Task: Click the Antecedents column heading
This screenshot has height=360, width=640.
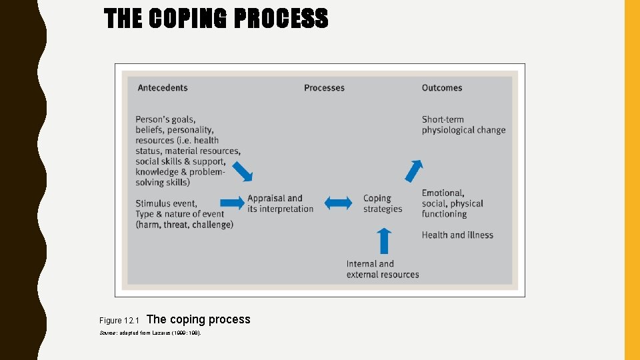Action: pos(163,88)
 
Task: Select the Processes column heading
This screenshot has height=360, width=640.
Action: pos(324,88)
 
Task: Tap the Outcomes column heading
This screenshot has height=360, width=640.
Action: pos(441,88)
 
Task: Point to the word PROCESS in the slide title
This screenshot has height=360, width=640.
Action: pos(280,19)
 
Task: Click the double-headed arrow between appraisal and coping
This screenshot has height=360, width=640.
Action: pos(338,203)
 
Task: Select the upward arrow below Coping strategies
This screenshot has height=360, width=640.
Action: pos(384,240)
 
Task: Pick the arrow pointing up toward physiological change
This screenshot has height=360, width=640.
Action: pos(414,171)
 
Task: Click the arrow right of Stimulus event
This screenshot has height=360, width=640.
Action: pos(232,203)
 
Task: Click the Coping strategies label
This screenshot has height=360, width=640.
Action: pos(383,203)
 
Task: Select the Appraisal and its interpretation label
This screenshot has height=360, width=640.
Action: pos(280,203)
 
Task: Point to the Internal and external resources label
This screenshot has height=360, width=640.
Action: pos(383,269)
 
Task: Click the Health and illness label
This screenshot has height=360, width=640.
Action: pos(457,235)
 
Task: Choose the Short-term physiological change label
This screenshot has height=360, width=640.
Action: pos(463,125)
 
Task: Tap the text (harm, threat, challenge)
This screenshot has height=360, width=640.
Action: pos(184,225)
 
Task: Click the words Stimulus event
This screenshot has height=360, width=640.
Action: pos(166,203)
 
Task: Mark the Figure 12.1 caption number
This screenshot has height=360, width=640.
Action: pos(117,321)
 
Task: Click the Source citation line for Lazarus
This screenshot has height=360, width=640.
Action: pos(150,332)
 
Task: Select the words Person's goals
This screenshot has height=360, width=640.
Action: pos(165,119)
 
